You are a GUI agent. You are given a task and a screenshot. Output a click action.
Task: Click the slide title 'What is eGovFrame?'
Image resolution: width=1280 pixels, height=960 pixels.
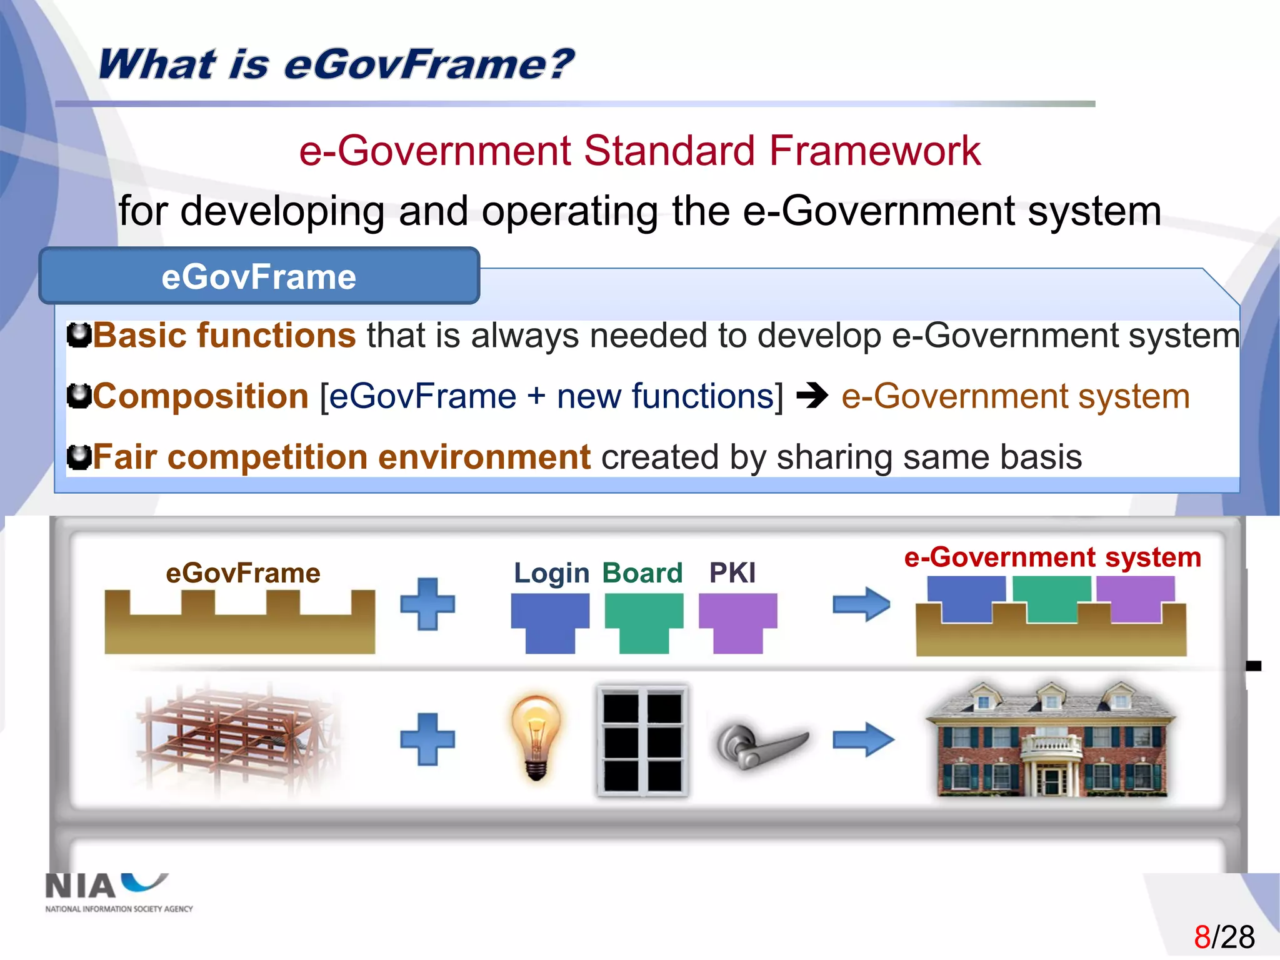pyautogui.click(x=336, y=64)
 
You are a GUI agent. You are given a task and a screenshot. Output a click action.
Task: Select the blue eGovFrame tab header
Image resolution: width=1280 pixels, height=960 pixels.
pyautogui.click(x=259, y=276)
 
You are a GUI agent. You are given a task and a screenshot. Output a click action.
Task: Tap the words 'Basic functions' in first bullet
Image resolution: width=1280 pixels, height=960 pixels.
pyautogui.click(x=224, y=336)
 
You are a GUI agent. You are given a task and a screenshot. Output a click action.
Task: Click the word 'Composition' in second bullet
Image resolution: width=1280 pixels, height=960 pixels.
pyautogui.click(x=201, y=396)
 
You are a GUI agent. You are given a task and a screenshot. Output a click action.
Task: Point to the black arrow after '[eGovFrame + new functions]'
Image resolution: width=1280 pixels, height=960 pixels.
pyautogui.click(x=812, y=396)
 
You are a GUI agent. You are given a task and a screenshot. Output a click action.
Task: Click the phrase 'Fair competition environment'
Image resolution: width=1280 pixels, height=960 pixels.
pyautogui.click(x=341, y=457)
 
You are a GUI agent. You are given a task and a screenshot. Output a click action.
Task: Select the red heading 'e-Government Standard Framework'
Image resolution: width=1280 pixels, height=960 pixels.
pyautogui.click(x=639, y=151)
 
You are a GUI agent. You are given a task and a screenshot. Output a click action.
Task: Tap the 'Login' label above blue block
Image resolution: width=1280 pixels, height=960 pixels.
pyautogui.click(x=551, y=572)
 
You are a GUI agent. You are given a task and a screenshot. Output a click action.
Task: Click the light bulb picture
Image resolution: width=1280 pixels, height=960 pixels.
pyautogui.click(x=536, y=737)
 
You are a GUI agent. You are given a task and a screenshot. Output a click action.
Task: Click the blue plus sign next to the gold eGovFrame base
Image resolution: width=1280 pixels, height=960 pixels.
pyautogui.click(x=427, y=604)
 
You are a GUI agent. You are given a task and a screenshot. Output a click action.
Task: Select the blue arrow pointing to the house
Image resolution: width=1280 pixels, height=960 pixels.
pyautogui.click(x=862, y=739)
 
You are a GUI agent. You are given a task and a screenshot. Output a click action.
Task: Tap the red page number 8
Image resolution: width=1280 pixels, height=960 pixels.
pyautogui.click(x=1202, y=937)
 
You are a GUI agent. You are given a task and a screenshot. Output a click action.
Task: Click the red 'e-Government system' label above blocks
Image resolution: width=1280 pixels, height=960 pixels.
pyautogui.click(x=1052, y=557)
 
